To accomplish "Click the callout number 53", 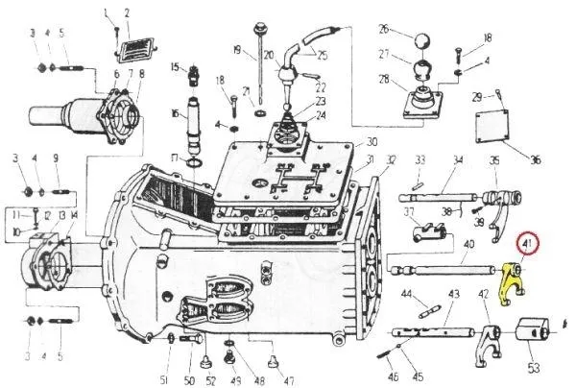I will tap(533, 368).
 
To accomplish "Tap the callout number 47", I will tap(288, 367).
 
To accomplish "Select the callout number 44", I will tap(407, 294).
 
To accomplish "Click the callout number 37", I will tap(408, 212).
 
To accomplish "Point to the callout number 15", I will tap(176, 66).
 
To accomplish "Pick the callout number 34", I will tap(458, 160).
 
